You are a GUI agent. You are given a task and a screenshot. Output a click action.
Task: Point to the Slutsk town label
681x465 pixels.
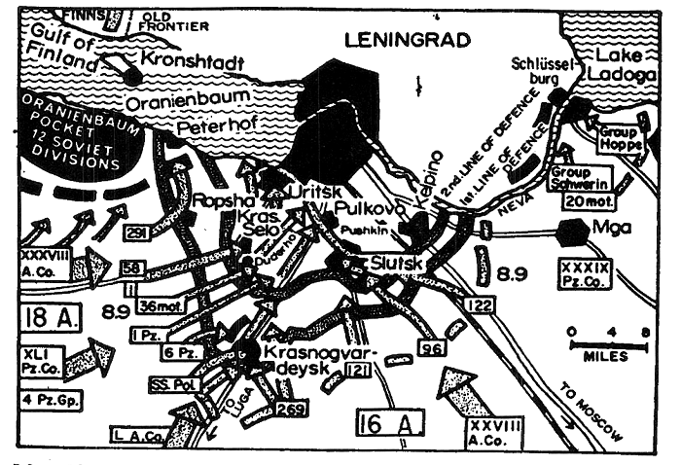(397, 262)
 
